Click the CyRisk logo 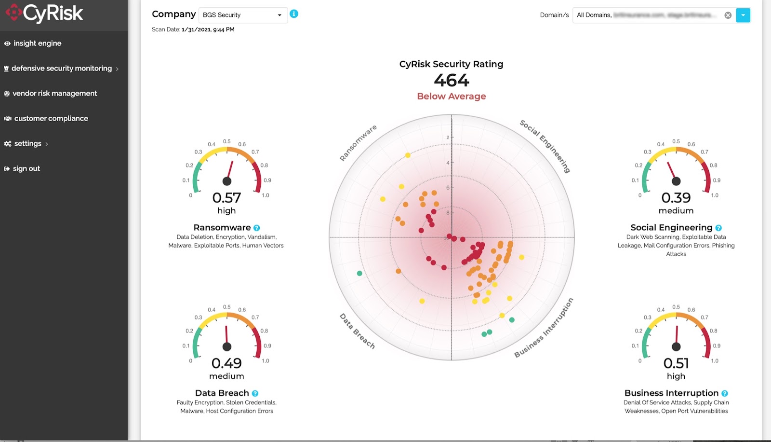click(44, 13)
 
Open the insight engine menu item click(37, 43)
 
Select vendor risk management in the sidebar click(54, 94)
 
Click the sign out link click(26, 169)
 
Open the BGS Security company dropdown click(242, 15)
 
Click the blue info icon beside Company click(294, 14)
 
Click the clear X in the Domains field click(728, 15)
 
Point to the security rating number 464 click(451, 80)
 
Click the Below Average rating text click(451, 97)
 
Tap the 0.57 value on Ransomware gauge click(226, 198)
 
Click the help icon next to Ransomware click(257, 228)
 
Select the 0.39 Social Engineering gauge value click(676, 198)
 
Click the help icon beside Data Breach click(255, 393)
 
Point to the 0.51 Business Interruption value click(676, 363)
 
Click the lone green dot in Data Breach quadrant click(359, 274)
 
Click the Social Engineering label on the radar click(545, 146)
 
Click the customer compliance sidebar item click(51, 119)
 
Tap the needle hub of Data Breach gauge click(227, 346)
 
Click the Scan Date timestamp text click(208, 29)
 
